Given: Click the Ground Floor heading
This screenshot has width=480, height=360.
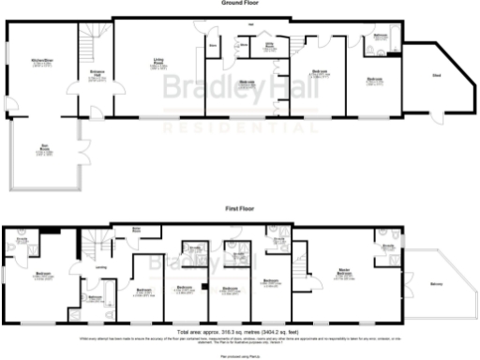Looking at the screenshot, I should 239,4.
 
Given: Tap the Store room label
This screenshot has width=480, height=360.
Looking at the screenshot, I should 213,45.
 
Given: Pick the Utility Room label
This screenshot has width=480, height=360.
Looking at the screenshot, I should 270,43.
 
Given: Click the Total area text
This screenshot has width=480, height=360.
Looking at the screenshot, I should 239,332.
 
